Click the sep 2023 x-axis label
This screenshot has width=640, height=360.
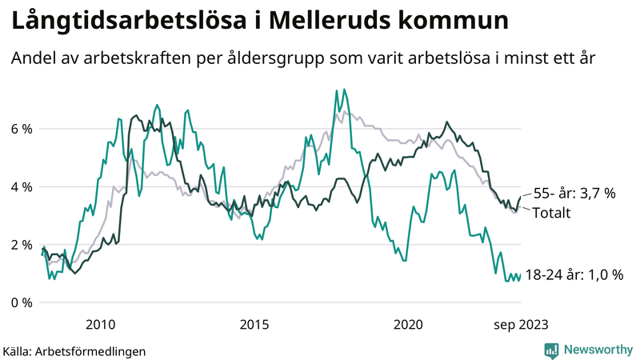click(521, 324)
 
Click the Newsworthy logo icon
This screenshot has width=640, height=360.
click(552, 349)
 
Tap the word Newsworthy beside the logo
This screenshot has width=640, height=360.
click(598, 349)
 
